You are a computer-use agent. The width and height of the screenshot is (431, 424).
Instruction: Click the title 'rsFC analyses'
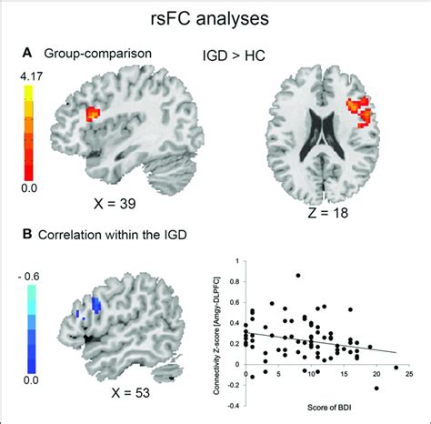[215, 19]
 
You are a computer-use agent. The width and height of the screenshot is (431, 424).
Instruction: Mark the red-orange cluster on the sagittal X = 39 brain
[92, 114]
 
